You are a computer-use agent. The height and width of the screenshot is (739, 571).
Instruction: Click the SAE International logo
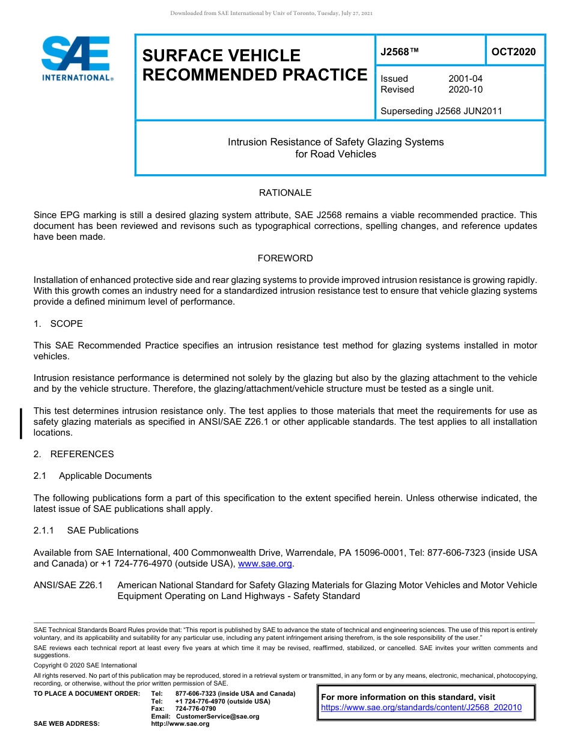pyautogui.click(x=76, y=58)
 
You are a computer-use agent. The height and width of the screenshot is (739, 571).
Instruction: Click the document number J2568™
pyautogui.click(x=399, y=52)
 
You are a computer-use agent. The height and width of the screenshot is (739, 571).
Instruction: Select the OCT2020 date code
pyautogui.click(x=513, y=52)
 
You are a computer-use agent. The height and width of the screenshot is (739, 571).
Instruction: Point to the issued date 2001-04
pyautogui.click(x=465, y=79)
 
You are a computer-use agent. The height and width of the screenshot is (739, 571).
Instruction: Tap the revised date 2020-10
pyautogui.click(x=465, y=90)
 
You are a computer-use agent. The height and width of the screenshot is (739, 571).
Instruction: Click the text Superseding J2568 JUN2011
pyautogui.click(x=441, y=111)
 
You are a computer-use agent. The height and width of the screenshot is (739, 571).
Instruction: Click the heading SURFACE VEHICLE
pyautogui.click(x=221, y=55)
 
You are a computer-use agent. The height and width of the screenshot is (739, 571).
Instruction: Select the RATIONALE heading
pyautogui.click(x=285, y=193)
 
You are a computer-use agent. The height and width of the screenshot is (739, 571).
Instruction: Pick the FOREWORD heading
pyautogui.click(x=285, y=258)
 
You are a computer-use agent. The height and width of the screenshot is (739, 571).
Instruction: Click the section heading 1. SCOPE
pyautogui.click(x=58, y=324)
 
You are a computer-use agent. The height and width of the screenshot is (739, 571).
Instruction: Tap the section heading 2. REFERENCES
pyautogui.click(x=73, y=454)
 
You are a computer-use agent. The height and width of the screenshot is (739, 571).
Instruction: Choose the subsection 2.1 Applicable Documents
pyautogui.click(x=93, y=476)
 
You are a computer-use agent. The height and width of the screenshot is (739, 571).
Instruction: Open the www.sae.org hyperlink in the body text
pyautogui.click(x=265, y=564)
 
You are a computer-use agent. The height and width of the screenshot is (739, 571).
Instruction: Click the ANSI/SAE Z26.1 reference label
pyautogui.click(x=68, y=585)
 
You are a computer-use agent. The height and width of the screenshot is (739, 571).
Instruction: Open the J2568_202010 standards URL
pyautogui.click(x=421, y=707)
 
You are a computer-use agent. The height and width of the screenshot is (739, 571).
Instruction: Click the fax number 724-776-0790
pyautogui.click(x=195, y=709)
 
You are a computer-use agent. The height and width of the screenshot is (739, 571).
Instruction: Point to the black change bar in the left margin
pyautogui.click(x=22, y=423)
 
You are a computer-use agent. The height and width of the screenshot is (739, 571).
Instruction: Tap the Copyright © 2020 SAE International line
pyautogui.click(x=85, y=665)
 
